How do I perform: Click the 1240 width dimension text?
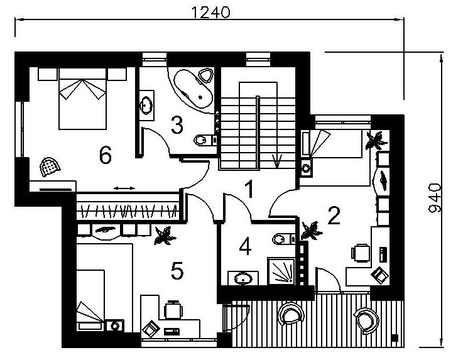[210, 13]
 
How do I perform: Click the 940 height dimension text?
[435, 198]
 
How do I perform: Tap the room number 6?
[106, 155]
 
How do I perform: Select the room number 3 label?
[177, 125]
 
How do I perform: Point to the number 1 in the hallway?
[249, 189]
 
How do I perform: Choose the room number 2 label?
[334, 215]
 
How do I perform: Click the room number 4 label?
[245, 246]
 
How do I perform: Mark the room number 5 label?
[177, 271]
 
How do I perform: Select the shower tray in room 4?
[281, 271]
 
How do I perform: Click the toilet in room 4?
[284, 239]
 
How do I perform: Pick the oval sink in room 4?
[243, 278]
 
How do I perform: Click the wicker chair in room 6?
[50, 167]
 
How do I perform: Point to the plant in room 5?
[165, 236]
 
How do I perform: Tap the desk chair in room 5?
[173, 310]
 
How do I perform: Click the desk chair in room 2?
[361, 253]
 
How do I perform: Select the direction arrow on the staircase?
[276, 161]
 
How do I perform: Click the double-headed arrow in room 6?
[124, 188]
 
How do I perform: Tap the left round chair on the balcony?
[291, 314]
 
